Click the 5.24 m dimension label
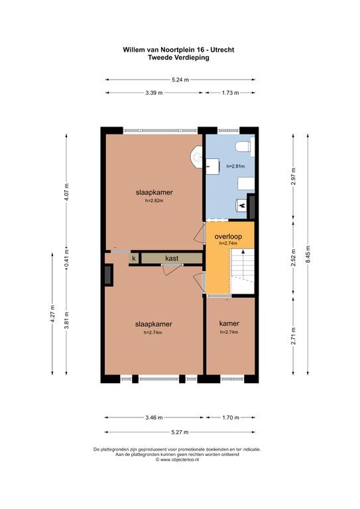[180, 80]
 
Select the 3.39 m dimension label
[154, 93]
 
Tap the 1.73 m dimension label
[231, 93]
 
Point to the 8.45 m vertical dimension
[308, 254]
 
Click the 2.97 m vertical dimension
[294, 176]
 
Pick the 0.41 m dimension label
[66, 258]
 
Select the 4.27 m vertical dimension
[52, 314]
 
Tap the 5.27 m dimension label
[180, 432]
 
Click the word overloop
[228, 237]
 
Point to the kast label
[172, 258]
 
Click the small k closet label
[134, 258]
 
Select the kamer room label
[229, 323]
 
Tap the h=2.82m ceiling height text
[154, 201]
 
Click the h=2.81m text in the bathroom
[235, 166]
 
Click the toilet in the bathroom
[245, 147]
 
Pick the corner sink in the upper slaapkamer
[197, 158]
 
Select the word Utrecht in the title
[222, 50]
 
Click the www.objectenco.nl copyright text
[177, 460]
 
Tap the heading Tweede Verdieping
[178, 58]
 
